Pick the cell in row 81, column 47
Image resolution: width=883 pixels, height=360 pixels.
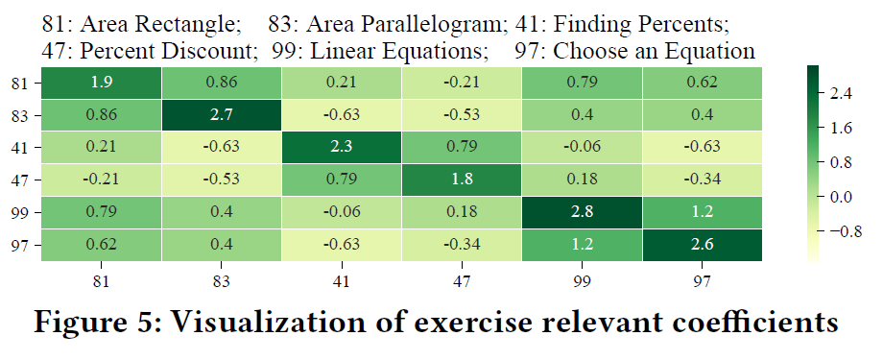pyautogui.click(x=463, y=84)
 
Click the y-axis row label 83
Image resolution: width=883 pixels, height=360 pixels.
pyautogui.click(x=22, y=116)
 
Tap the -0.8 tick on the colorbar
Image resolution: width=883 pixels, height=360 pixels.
pyautogui.click(x=847, y=231)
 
